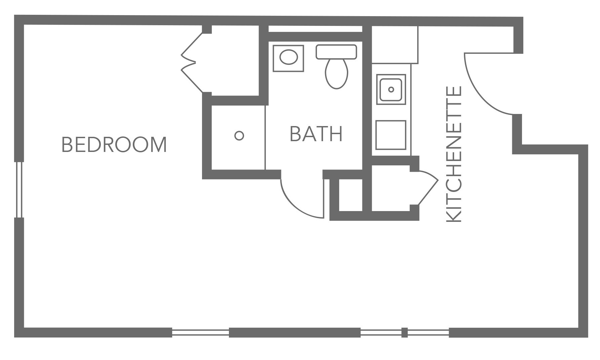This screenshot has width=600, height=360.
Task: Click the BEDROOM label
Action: point(114,145)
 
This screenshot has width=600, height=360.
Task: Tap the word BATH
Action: point(316,134)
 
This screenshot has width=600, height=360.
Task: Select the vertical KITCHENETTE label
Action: point(454,154)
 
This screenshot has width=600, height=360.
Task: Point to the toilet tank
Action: point(336,52)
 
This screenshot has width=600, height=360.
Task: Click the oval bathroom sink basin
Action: point(288,57)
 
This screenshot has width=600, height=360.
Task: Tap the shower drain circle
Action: point(239,136)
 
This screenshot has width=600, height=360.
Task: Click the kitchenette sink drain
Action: point(391,89)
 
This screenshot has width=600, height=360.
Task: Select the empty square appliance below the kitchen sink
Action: point(391,135)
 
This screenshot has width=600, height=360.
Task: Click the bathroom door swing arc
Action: point(296,205)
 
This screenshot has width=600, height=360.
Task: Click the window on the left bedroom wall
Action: point(19,190)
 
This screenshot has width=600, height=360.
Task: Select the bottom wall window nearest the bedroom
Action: point(200,333)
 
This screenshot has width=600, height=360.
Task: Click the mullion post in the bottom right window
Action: point(404,333)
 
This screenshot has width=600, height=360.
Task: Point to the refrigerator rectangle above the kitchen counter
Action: point(395,45)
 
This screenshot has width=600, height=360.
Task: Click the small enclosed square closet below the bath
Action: point(351,195)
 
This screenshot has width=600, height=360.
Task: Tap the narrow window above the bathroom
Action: point(315,29)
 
